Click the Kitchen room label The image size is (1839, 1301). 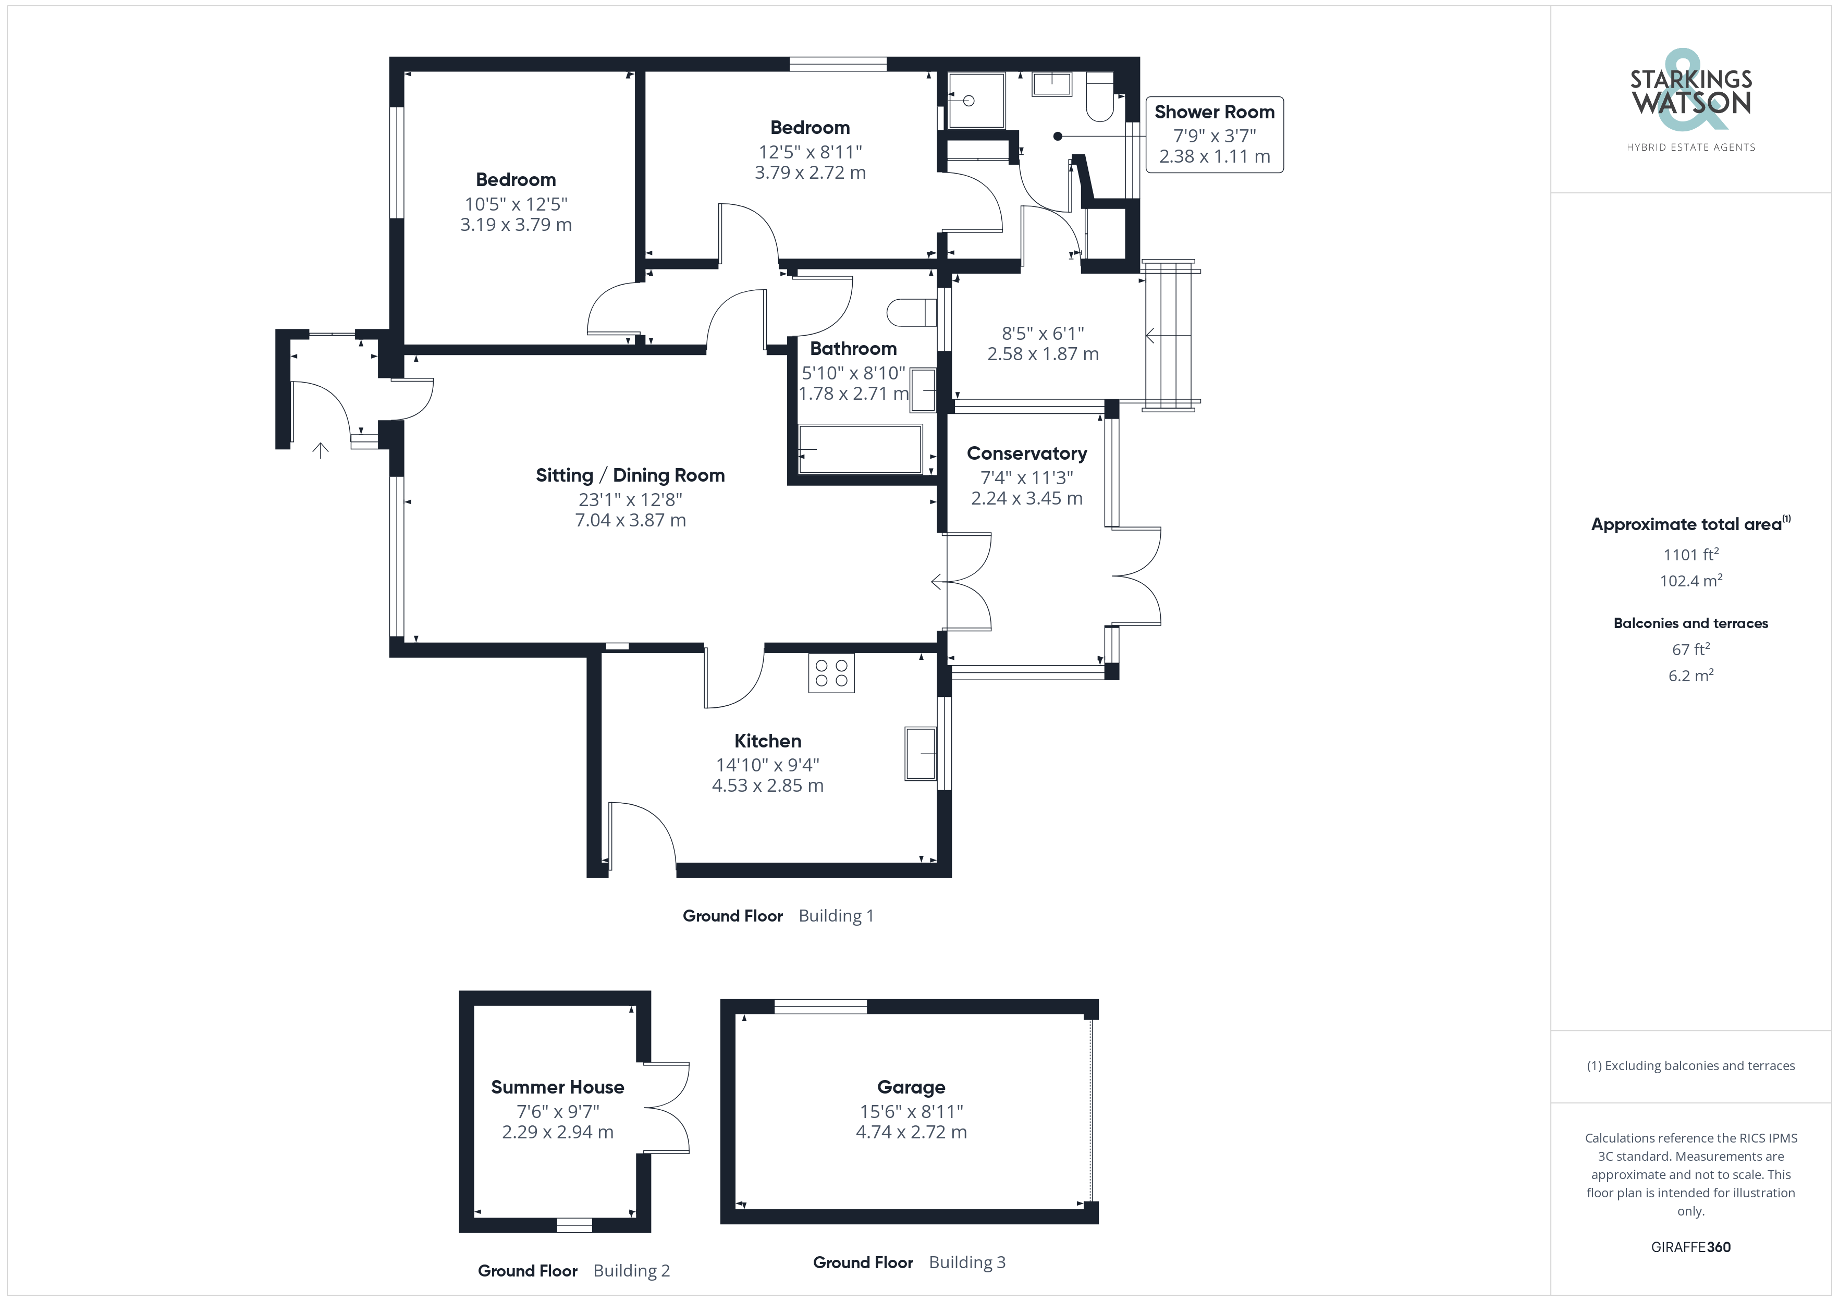(x=767, y=741)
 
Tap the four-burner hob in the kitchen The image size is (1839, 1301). (x=831, y=673)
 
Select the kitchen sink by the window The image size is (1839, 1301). (x=921, y=753)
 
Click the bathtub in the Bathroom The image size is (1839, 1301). (x=860, y=449)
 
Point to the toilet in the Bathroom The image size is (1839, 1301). (x=912, y=312)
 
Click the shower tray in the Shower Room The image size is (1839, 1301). (x=976, y=101)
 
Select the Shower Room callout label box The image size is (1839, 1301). (x=1214, y=134)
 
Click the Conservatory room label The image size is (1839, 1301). (x=1027, y=453)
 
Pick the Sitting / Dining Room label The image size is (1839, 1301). (x=630, y=475)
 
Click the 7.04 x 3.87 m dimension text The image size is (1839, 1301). (x=630, y=520)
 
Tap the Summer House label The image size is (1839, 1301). (x=557, y=1087)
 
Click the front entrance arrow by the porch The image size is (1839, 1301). (x=321, y=450)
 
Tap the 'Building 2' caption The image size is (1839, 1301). (x=631, y=1271)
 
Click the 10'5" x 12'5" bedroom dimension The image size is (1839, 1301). (x=516, y=204)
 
